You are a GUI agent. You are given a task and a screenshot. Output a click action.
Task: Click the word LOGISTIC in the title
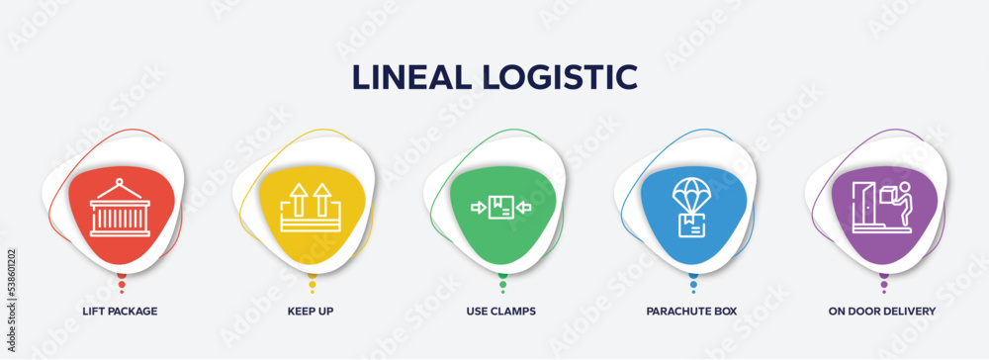click(x=568, y=76)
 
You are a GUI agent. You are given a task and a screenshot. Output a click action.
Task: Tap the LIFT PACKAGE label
click(x=121, y=311)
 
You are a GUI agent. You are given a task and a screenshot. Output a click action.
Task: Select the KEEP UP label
click(x=312, y=311)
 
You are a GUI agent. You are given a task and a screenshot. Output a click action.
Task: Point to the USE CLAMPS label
click(x=502, y=311)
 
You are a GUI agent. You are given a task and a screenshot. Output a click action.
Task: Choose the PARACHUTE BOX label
click(x=692, y=311)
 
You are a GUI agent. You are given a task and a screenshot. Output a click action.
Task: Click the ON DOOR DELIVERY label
click(x=882, y=311)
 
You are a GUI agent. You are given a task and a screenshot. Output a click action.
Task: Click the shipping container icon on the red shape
click(x=121, y=214)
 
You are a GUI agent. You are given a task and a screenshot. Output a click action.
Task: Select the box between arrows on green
click(x=502, y=208)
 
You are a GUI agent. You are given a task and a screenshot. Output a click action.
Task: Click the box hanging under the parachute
click(x=692, y=225)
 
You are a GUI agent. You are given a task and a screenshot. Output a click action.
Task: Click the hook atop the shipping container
click(x=121, y=183)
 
